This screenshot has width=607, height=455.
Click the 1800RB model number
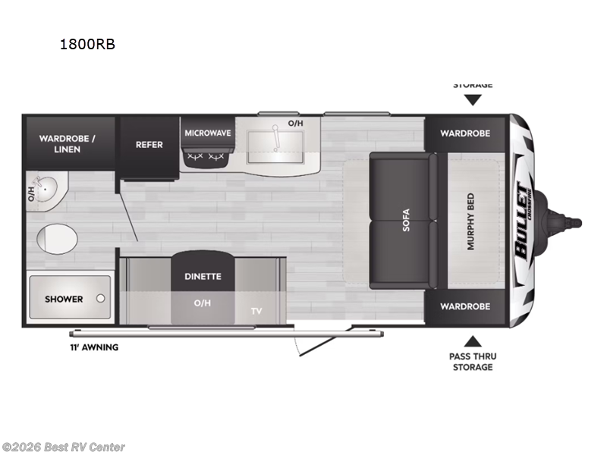pos(88,44)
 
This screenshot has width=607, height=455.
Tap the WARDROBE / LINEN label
pos(67,144)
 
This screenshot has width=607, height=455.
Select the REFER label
pos(149,144)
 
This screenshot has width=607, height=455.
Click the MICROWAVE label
pos(207,133)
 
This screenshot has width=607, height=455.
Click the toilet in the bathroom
pos(57,238)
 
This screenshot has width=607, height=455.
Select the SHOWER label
pos(64,299)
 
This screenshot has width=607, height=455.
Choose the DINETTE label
pos(203,276)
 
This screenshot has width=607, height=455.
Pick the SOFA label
pos(406,220)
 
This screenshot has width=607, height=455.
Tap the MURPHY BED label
pos(470,221)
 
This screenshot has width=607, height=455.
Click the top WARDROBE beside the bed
pos(465,133)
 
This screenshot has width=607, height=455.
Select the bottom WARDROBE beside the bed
pos(465,306)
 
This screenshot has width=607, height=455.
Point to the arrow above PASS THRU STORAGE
pos(473,342)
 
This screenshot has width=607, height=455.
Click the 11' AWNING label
pos(93,347)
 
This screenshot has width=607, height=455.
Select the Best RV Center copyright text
pos(64,447)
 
